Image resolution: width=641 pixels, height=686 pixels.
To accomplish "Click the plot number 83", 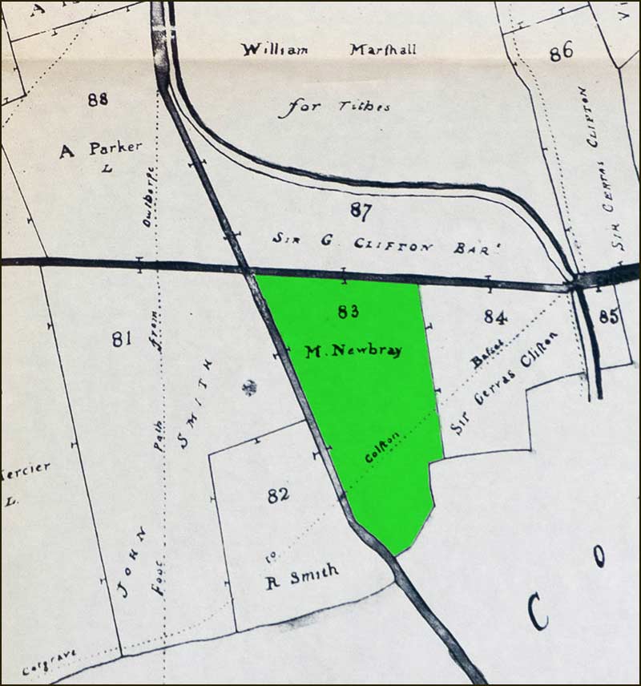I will tap(347, 312).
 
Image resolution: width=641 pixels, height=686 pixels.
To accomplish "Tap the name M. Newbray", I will tap(353, 350).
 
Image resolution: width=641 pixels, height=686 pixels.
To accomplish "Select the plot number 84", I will tap(495, 317).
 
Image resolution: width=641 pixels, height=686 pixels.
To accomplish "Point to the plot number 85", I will tap(609, 317).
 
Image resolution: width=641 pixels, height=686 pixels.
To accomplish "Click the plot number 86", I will tap(561, 52).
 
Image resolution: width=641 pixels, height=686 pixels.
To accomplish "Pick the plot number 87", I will tap(362, 211).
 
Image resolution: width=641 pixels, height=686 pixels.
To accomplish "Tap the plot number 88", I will tap(98, 99).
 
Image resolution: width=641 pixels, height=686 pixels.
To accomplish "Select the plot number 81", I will tap(122, 339).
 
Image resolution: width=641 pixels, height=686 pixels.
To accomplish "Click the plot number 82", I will tap(278, 495).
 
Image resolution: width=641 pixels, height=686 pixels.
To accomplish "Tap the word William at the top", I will tap(275, 50).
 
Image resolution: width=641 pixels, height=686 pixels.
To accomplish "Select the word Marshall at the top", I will tap(382, 50).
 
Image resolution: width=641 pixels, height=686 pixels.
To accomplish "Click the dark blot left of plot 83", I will tap(250, 388).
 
